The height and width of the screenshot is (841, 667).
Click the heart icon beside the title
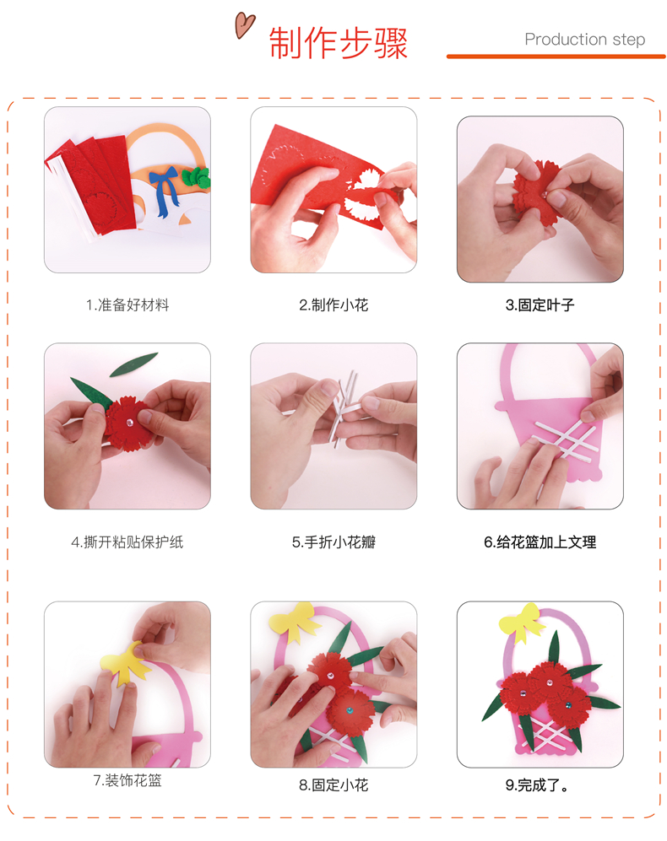[244, 25]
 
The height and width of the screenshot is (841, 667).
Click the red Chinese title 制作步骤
[339, 43]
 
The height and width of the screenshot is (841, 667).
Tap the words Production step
[584, 39]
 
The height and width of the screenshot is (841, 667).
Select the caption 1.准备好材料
[127, 305]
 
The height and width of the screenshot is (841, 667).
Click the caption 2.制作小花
[333, 305]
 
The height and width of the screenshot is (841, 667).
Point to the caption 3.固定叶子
[540, 305]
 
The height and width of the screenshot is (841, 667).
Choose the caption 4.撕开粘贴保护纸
[127, 542]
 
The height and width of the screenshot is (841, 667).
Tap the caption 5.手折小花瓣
[333, 542]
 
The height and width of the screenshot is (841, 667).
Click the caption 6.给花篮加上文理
[540, 542]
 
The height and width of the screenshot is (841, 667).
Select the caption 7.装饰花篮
[127, 780]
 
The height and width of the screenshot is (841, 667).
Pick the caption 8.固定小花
[333, 785]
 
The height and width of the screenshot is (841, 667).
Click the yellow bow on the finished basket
[520, 623]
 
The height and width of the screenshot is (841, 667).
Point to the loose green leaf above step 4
[133, 364]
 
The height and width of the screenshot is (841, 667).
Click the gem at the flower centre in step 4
[129, 423]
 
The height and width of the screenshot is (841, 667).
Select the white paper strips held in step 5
[344, 407]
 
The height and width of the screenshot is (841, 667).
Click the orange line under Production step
[556, 57]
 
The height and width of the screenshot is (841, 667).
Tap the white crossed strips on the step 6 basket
[565, 439]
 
